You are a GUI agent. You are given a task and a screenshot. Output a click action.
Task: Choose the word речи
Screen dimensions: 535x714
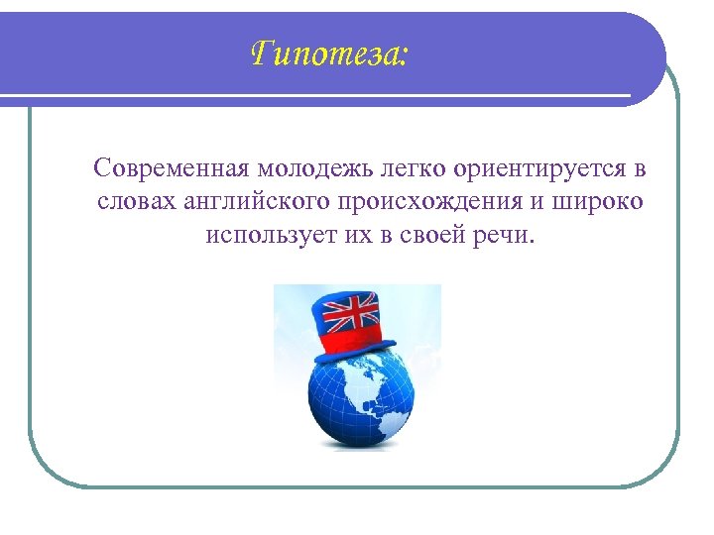[x=504, y=237]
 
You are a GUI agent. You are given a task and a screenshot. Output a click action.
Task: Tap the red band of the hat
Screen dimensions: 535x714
[x=358, y=343]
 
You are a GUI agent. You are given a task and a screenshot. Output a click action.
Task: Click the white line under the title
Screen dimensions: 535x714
[x=327, y=95]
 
